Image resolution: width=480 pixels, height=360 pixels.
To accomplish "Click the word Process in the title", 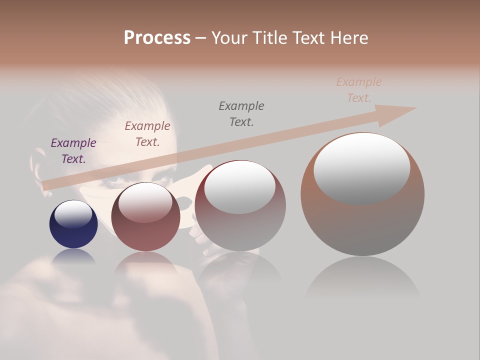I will coord(157,37).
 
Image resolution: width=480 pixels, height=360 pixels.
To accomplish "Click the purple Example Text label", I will coord(73,151).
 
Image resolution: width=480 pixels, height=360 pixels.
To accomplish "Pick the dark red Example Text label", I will coord(147,134).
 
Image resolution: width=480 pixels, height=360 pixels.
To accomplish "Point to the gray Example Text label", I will coord(241,114).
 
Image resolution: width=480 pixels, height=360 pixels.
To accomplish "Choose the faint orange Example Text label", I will coord(359,90).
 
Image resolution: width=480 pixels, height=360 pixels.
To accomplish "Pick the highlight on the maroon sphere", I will coord(145,202).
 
